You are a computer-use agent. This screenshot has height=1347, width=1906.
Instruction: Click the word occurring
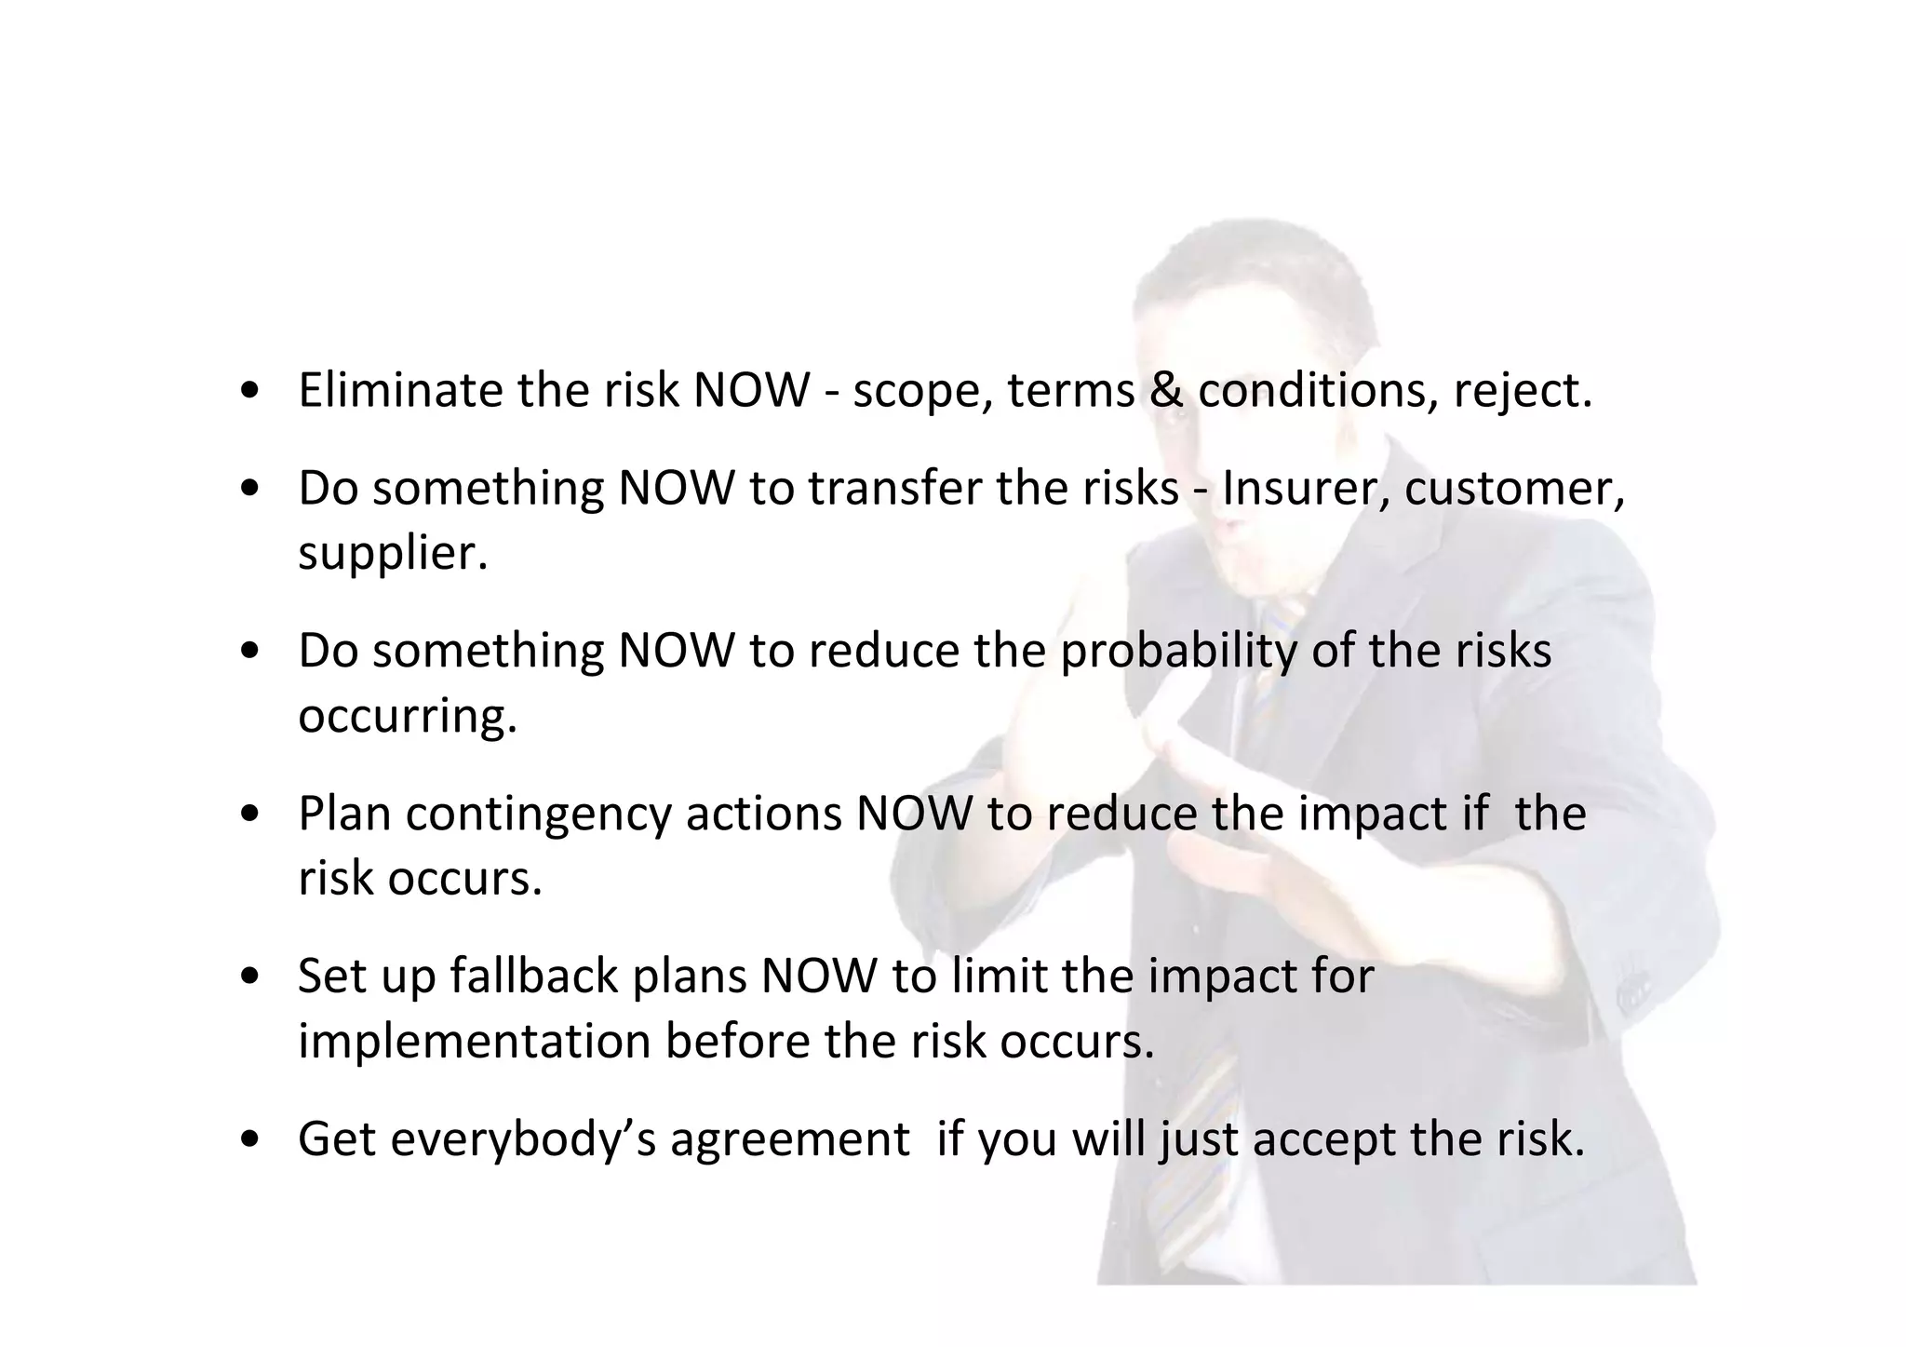tap(407, 717)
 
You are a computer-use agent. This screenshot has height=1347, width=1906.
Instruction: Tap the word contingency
tap(538, 815)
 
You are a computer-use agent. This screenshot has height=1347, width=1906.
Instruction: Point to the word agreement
tap(789, 1140)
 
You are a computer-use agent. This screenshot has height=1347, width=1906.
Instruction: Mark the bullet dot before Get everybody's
tap(248, 1140)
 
